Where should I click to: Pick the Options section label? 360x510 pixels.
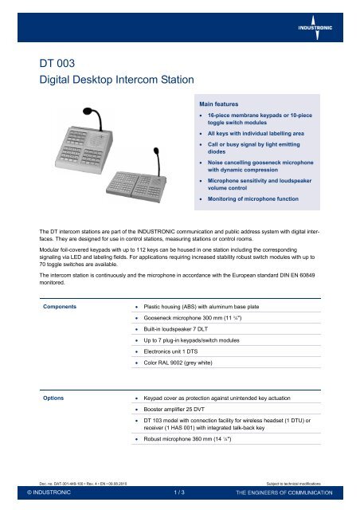click(56, 395)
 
